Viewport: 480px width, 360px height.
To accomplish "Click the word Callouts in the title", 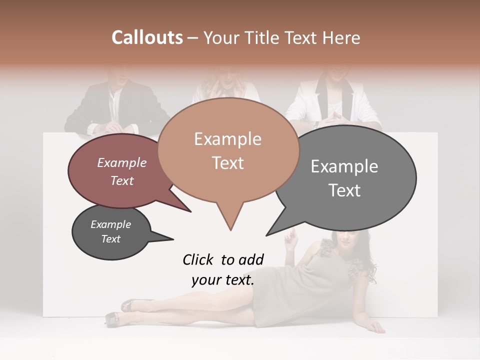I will click(147, 37).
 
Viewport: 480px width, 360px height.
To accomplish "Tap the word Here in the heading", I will click(341, 37).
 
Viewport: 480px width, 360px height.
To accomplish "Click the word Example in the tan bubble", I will click(227, 139).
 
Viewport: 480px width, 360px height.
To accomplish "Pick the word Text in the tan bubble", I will click(227, 163).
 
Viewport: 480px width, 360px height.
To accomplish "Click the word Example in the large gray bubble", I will click(344, 166).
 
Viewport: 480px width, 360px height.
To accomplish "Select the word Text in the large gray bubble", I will click(344, 190).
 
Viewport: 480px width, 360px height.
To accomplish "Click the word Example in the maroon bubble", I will click(122, 163).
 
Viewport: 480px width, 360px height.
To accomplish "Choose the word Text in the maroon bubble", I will click(122, 181).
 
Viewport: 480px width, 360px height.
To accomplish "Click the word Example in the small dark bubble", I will click(110, 224).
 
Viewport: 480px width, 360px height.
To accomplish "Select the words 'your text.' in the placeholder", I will click(223, 280).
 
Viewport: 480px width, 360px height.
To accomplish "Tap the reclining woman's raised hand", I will click(289, 239).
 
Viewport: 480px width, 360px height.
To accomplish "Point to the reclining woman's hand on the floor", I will click(374, 327).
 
